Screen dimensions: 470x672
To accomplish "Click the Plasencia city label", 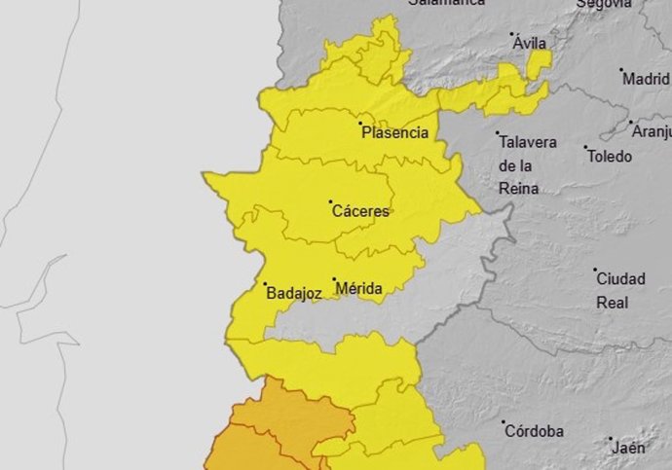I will tap(395, 133).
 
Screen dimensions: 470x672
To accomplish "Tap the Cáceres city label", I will tap(361, 211).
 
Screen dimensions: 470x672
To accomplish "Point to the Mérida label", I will tap(358, 289).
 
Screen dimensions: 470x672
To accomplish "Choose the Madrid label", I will tap(647, 79).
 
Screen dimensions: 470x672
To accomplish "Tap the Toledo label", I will tap(610, 156).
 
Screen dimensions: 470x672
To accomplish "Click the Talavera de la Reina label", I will tap(528, 164).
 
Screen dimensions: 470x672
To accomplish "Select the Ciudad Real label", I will tap(620, 290).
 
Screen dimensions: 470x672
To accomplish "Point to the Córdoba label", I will tap(535, 429).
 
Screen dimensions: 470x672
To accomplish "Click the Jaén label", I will tap(629, 448).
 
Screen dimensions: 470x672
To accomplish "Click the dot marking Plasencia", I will tap(361, 124).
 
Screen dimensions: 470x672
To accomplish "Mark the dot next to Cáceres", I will tap(330, 202).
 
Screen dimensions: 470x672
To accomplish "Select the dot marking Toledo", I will tap(586, 148).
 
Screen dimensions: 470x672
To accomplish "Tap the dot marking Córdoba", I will tap(504, 422).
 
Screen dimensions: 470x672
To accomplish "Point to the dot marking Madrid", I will tap(621, 70).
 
